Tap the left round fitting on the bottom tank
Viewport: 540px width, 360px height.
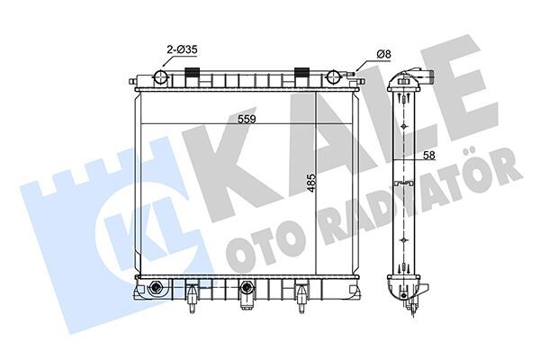pyautogui.click(x=157, y=290)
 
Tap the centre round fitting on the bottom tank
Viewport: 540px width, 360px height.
pyautogui.click(x=246, y=290)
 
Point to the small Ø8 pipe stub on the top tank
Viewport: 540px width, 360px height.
pyautogui.click(x=358, y=77)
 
